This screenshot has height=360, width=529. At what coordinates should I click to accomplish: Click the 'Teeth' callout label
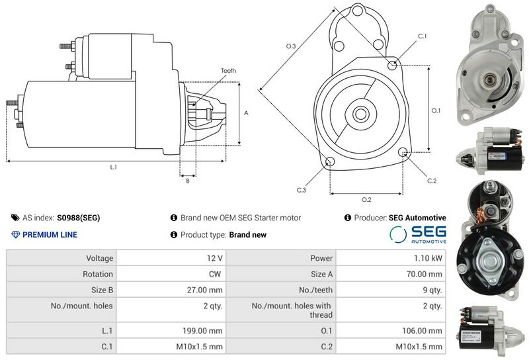click(228, 71)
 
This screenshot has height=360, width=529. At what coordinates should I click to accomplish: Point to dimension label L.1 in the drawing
click(114, 167)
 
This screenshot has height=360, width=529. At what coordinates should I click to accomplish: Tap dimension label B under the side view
click(188, 181)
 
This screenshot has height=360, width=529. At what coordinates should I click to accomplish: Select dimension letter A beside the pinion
click(246, 112)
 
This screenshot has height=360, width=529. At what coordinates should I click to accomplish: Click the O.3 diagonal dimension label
click(291, 46)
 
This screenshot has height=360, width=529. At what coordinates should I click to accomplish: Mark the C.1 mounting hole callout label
click(423, 36)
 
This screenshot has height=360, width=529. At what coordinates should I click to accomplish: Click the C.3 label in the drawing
click(302, 190)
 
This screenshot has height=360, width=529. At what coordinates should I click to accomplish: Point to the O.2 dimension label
click(366, 200)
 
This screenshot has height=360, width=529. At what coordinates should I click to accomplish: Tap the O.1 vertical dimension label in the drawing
click(436, 111)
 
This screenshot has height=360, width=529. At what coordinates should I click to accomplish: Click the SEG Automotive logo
click(418, 234)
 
